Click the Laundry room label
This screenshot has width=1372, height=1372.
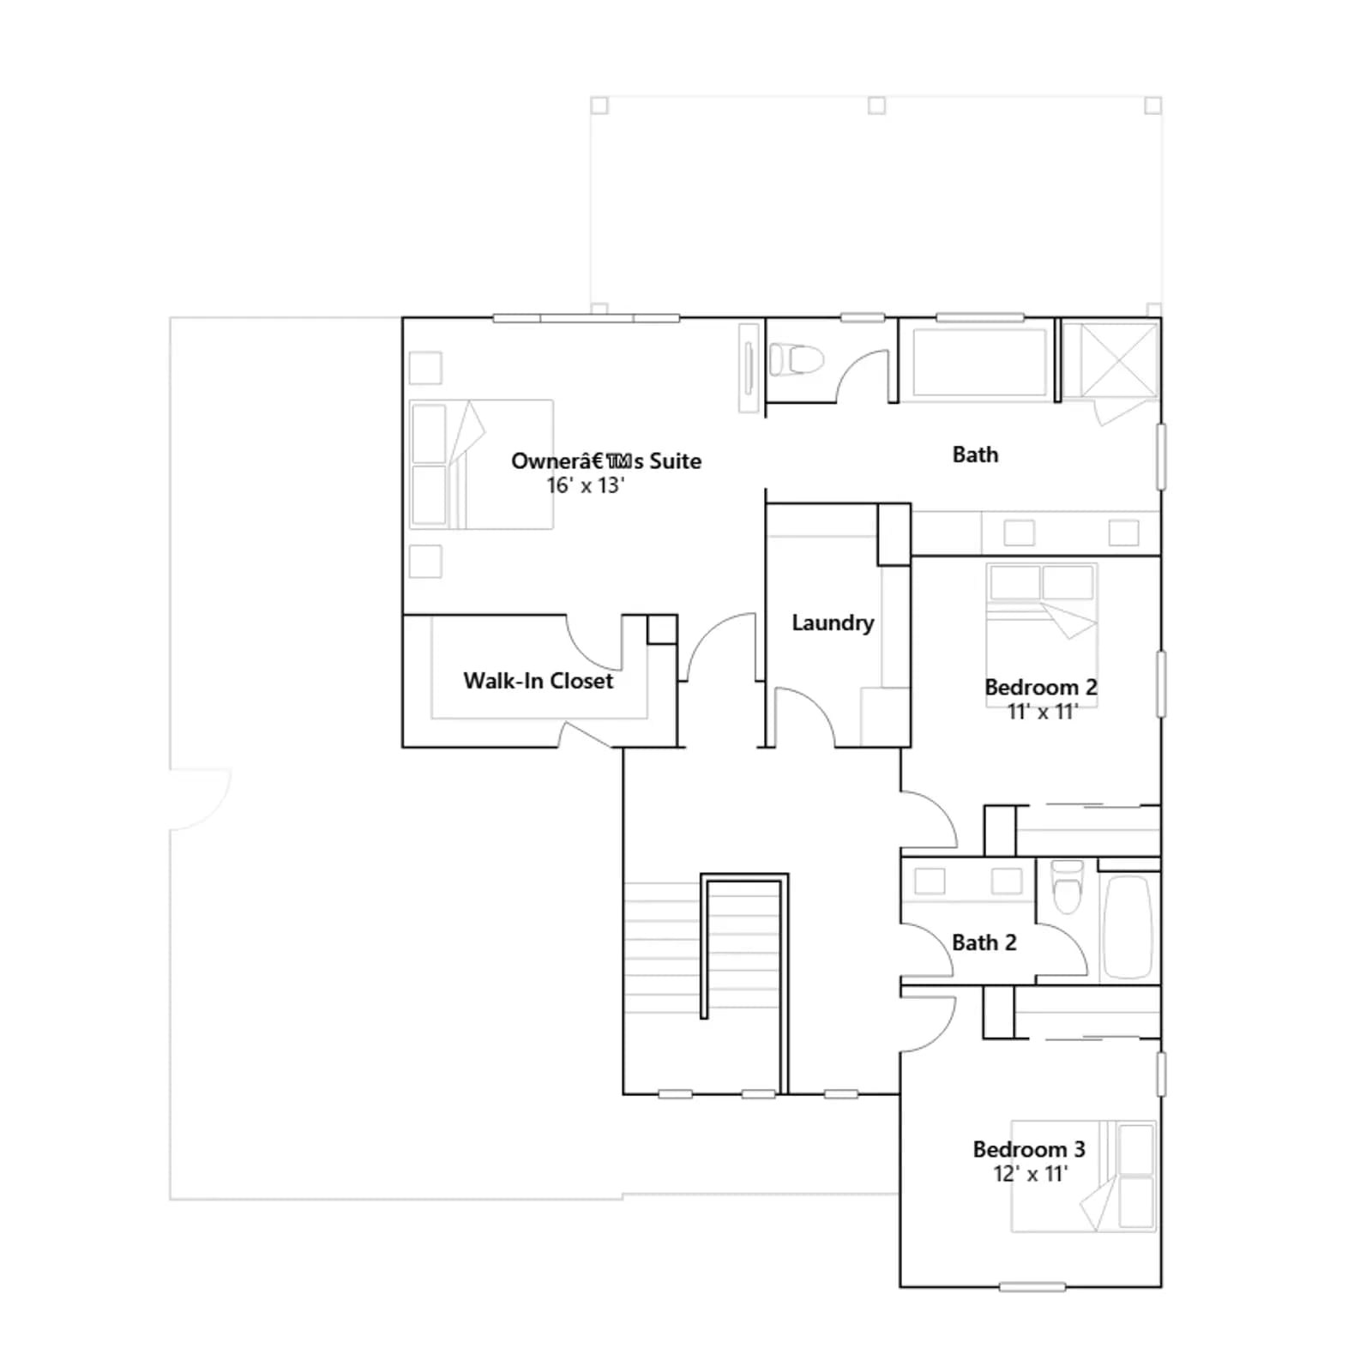[x=833, y=623]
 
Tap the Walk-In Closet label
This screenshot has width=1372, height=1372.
[x=539, y=681]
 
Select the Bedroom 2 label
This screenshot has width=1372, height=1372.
[x=1041, y=687]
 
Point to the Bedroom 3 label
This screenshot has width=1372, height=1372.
[x=1029, y=1149]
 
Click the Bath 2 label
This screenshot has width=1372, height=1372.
[x=984, y=942]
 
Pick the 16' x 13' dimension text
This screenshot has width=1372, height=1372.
[x=586, y=485]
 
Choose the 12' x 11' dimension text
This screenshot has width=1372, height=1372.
[x=1030, y=1174]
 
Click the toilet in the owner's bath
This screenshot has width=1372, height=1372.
[x=796, y=359]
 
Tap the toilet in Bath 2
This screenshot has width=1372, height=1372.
[x=1067, y=887]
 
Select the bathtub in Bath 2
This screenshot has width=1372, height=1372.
[x=1128, y=926]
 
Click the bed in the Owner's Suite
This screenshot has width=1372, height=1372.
[x=481, y=464]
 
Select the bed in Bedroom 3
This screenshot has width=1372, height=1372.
[x=1084, y=1176]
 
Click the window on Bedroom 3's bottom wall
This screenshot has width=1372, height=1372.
[x=1032, y=1287]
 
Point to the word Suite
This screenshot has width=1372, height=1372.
[x=675, y=461]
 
